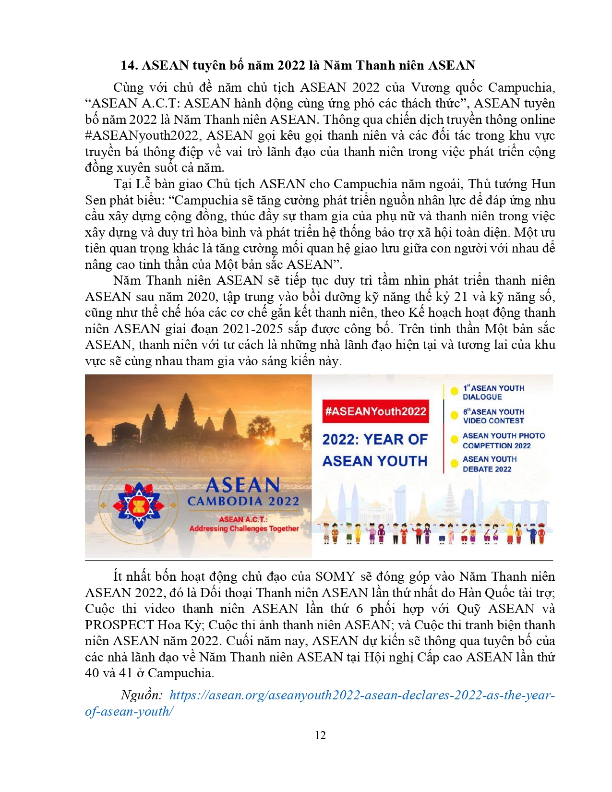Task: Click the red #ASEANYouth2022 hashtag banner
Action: [375, 411]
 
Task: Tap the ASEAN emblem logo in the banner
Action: [139, 505]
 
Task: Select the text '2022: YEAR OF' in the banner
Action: [375, 439]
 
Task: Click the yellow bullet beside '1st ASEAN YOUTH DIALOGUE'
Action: [454, 391]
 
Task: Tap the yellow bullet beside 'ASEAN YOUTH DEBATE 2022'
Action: [454, 463]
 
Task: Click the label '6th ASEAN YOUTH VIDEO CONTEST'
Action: [493, 416]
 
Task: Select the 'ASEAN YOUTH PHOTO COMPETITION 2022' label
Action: [504, 441]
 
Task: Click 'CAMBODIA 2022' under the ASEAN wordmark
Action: [243, 501]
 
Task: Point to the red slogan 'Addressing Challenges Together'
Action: [244, 528]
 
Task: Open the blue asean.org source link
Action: [362, 695]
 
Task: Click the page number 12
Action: [320, 735]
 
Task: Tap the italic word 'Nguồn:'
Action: [142, 695]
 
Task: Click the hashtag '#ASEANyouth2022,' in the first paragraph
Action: [142, 136]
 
